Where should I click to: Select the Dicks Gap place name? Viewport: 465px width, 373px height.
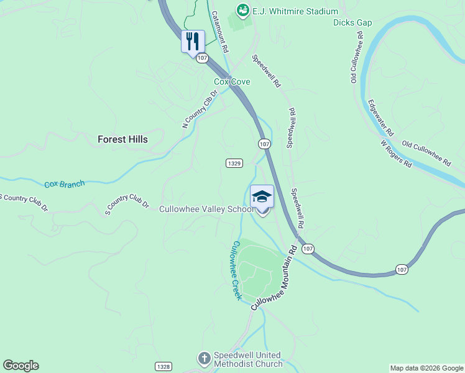pos(352,23)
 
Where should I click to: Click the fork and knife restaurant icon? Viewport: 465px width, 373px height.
pos(193,41)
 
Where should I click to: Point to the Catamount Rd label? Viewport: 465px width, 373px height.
pos(220,31)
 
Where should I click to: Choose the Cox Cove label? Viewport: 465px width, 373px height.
pos(232,81)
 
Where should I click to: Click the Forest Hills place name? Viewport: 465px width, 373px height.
pos(122,140)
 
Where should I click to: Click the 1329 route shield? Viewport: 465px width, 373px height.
pos(234,163)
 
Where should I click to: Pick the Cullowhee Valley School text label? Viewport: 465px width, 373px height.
pos(205,209)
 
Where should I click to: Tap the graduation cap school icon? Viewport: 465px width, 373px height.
pos(262,196)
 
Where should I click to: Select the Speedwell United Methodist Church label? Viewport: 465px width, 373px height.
pos(247,359)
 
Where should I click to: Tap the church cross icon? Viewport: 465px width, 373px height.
pos(204,359)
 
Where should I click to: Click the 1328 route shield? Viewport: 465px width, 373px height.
pos(163,367)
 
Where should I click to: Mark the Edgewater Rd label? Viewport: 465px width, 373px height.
pos(380,118)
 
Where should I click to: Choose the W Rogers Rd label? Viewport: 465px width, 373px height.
pos(396,154)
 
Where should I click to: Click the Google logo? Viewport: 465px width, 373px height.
pos(21,366)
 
